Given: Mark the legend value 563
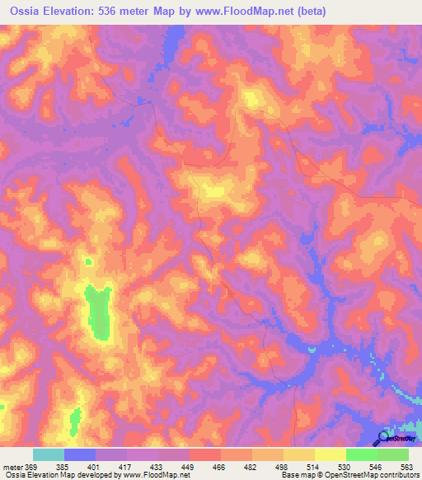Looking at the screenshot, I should point(406,467).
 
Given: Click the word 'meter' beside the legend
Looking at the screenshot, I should point(12,467).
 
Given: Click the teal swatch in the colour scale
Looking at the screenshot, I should point(49,454).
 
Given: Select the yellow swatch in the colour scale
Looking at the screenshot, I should point(330,454).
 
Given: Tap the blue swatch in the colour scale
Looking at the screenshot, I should point(80,454).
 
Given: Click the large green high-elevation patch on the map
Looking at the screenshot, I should point(100,311).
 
